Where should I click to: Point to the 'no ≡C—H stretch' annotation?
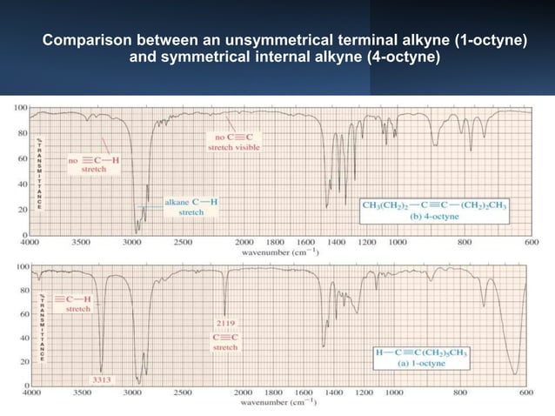93,164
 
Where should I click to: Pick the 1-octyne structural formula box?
422,357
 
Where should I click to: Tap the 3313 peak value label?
102,380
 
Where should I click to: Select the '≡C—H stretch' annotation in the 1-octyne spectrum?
79,303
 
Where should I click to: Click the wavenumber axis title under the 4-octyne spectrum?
278,252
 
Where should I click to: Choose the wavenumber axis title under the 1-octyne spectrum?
278,403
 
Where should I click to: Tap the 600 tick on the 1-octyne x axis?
527,393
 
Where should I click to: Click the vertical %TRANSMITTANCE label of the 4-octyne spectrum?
39,171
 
